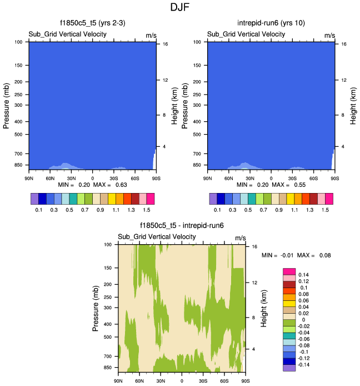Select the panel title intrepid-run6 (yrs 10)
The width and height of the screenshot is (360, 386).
click(271, 23)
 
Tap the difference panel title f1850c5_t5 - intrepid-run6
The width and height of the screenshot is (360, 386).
click(182, 226)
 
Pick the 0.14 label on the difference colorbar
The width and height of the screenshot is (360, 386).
click(304, 275)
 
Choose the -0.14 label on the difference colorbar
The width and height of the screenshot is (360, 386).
click(305, 365)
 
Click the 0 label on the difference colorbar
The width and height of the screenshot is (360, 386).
click(300, 320)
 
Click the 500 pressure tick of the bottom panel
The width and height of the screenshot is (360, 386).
click(108, 337)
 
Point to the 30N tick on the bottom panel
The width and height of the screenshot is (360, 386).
click(161, 380)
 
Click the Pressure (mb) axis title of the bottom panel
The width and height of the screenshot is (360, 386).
click(95, 308)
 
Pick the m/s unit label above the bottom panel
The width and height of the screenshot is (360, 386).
click(241, 237)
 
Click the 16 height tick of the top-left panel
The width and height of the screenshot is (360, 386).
click(165, 43)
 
